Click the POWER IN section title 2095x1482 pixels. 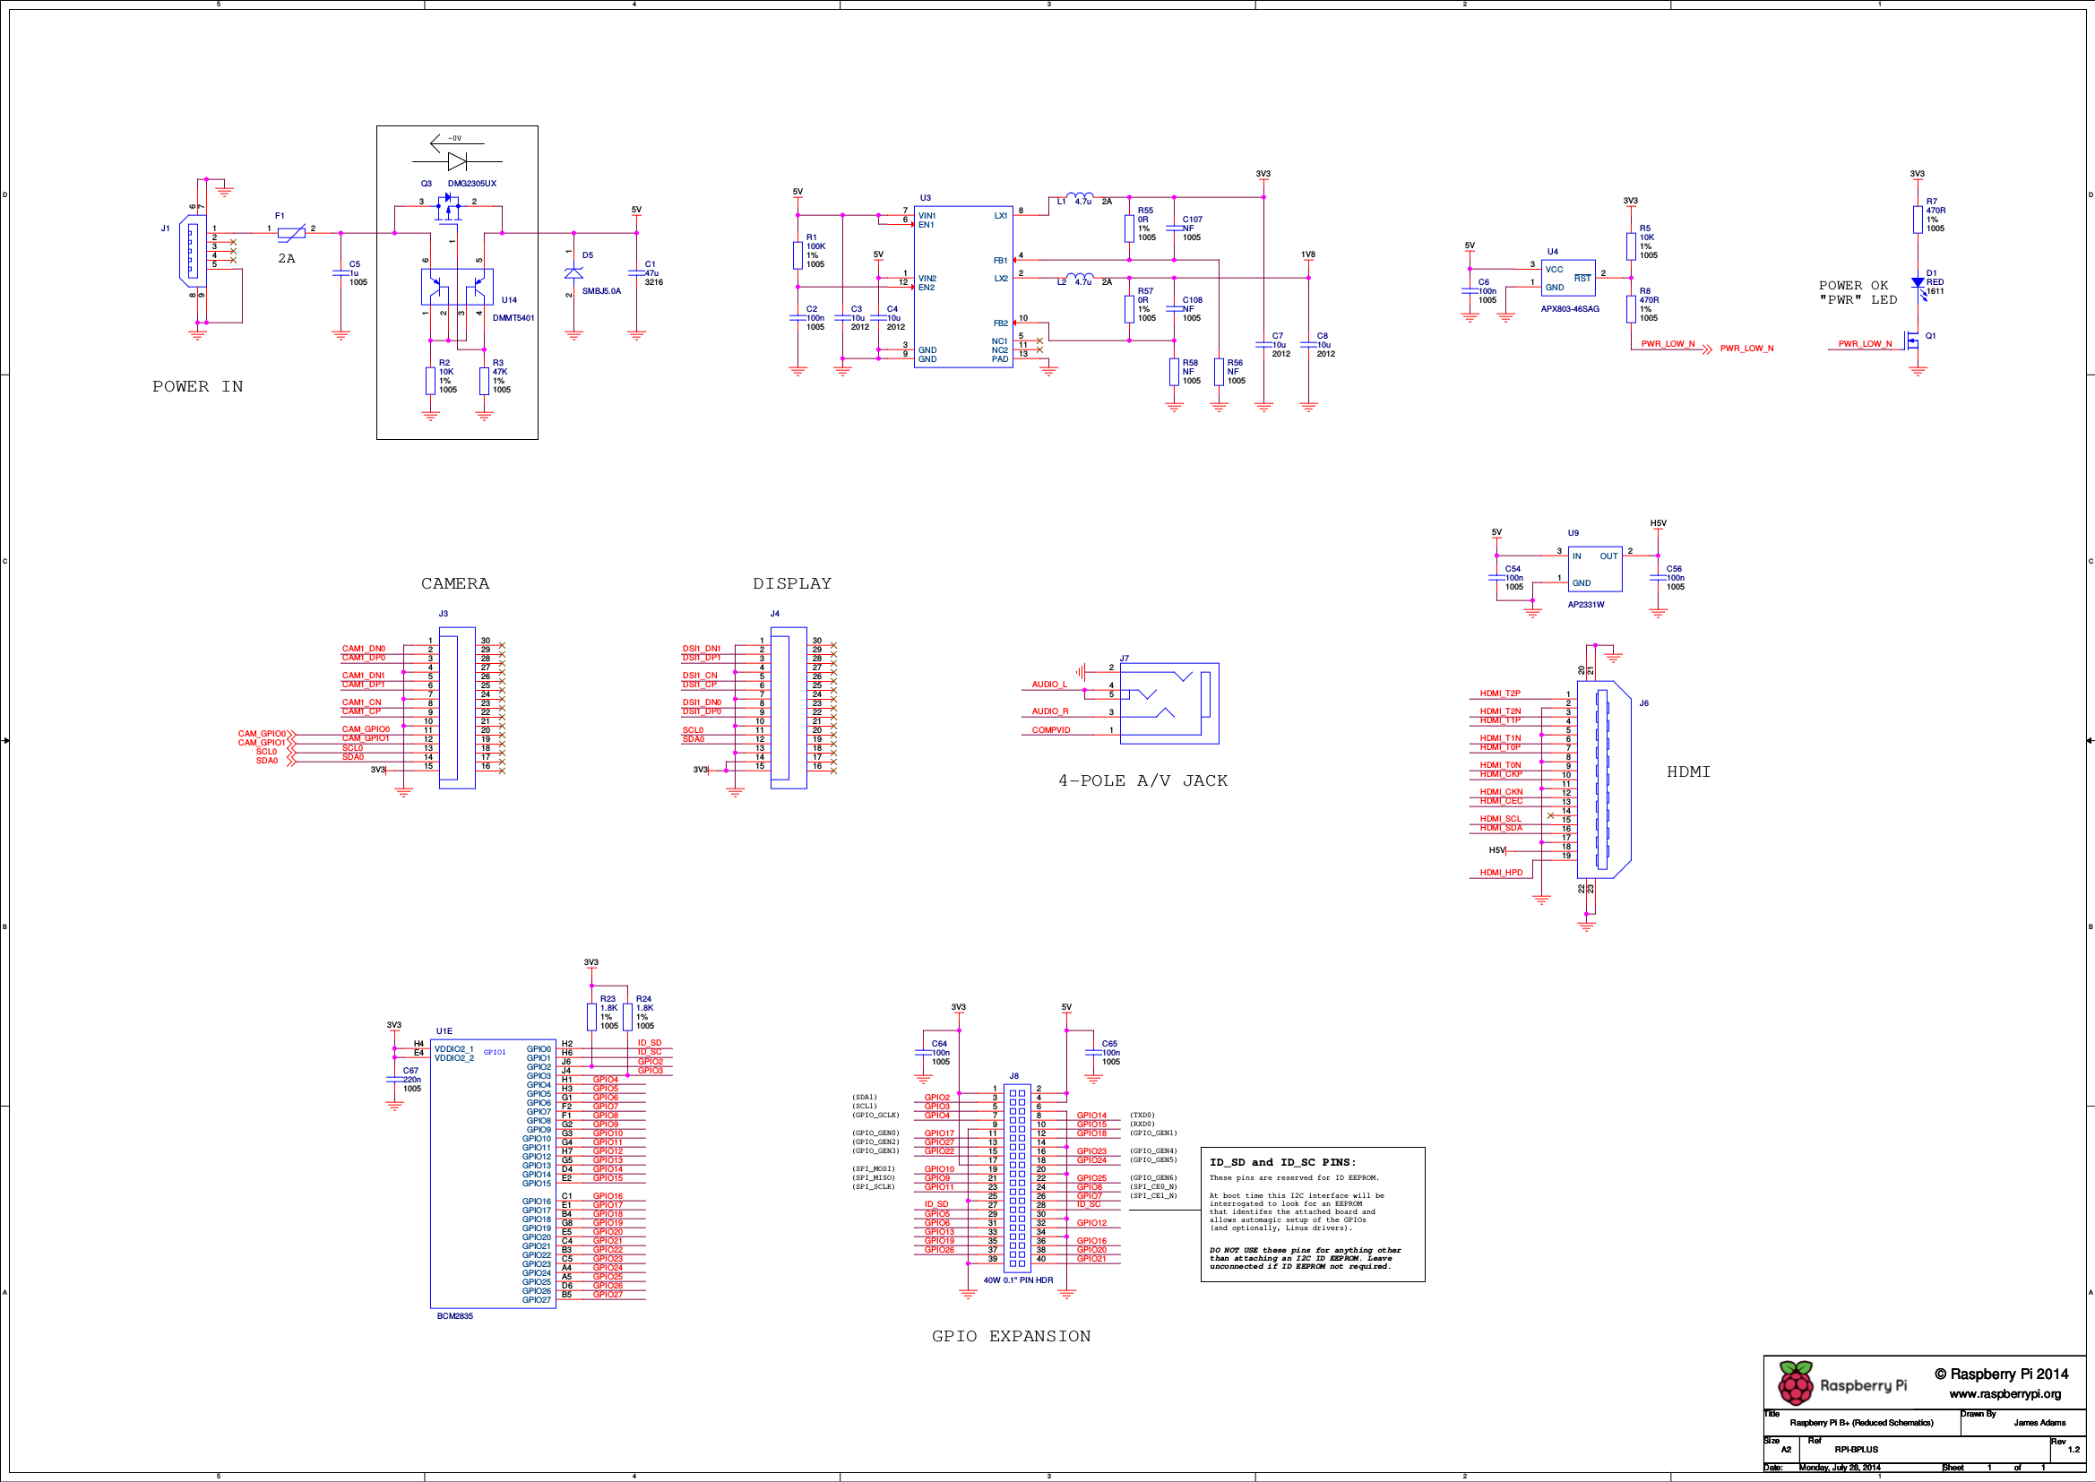tap(197, 387)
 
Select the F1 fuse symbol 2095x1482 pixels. tap(291, 234)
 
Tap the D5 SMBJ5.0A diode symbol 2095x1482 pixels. tap(573, 273)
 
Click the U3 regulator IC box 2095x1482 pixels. tap(962, 287)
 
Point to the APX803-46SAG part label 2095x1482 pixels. tap(1569, 309)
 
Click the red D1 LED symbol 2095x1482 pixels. tap(1917, 283)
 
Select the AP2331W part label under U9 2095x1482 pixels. tap(1585, 605)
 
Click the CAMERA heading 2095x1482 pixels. tap(454, 584)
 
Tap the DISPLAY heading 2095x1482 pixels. tap(791, 584)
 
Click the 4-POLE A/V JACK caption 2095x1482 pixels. tap(1142, 781)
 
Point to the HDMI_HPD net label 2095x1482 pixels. tap(1501, 874)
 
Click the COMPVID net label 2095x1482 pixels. tap(1050, 730)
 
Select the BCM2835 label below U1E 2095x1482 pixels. tap(454, 1316)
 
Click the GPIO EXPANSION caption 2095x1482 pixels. tap(1010, 1337)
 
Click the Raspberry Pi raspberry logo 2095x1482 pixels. tap(1795, 1383)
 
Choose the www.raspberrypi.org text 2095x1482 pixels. tap(2004, 1394)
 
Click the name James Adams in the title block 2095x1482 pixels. tap(2039, 1423)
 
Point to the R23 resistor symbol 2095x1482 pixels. tap(591, 1017)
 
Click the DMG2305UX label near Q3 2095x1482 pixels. tap(471, 184)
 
